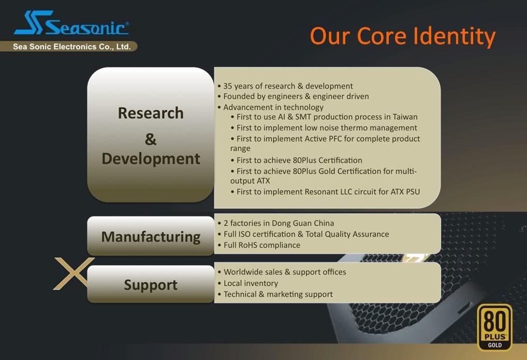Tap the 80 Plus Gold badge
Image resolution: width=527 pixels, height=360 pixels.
(x=495, y=327)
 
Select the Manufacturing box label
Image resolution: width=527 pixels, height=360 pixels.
(x=151, y=237)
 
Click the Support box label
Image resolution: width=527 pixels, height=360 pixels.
(x=151, y=285)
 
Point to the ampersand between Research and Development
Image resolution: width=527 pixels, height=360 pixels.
(x=151, y=139)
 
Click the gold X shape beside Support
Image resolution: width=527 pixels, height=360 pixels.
(x=74, y=273)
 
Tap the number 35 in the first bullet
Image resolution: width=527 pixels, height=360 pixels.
(x=228, y=86)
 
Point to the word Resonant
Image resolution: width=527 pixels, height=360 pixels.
(x=319, y=192)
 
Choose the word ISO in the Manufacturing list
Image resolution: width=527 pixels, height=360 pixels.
(x=244, y=234)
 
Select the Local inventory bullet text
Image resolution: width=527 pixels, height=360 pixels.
(x=251, y=283)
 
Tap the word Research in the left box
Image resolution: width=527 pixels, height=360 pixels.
(x=151, y=113)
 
